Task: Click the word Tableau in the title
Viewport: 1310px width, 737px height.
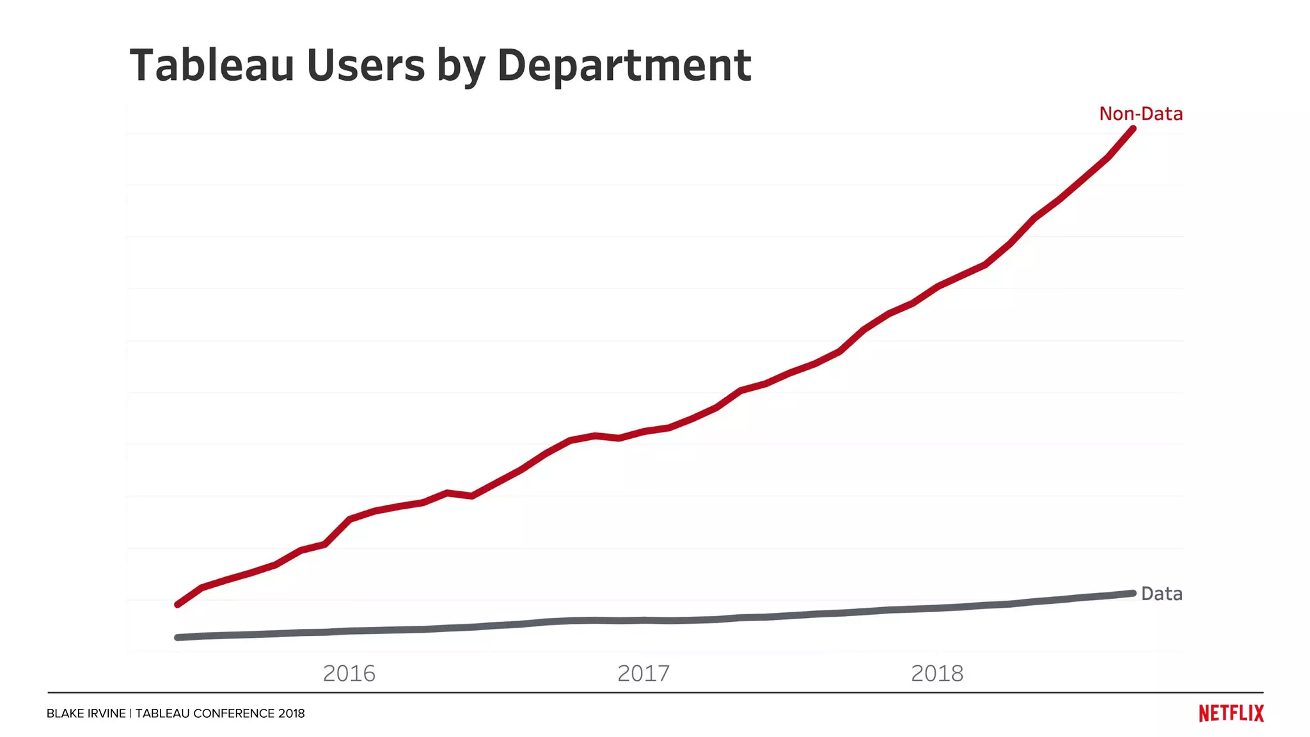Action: tap(212, 65)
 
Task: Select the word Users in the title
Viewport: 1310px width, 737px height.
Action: tap(366, 65)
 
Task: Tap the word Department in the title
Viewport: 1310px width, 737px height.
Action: tap(624, 67)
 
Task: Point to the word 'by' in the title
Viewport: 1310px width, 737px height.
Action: tap(461, 68)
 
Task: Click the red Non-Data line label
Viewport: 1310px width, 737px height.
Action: tap(1140, 114)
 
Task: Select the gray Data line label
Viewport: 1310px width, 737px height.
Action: tap(1162, 594)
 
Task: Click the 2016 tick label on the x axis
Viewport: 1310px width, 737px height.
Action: tap(349, 673)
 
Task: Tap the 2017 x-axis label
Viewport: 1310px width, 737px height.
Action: tap(643, 673)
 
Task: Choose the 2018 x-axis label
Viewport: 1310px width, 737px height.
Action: tap(937, 673)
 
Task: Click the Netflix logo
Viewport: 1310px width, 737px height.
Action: tap(1231, 713)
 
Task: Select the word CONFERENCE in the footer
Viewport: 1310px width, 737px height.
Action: tap(233, 713)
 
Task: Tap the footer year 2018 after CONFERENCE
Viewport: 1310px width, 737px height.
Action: tap(292, 713)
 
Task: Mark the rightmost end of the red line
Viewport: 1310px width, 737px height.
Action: tap(1133, 129)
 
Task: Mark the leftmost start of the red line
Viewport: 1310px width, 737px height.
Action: tap(177, 605)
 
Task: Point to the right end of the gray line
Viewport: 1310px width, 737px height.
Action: tap(1133, 593)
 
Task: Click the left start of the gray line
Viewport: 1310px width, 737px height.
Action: tap(177, 637)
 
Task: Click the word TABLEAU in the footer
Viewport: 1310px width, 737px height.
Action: tap(162, 713)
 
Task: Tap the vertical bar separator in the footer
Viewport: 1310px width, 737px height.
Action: tap(130, 713)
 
